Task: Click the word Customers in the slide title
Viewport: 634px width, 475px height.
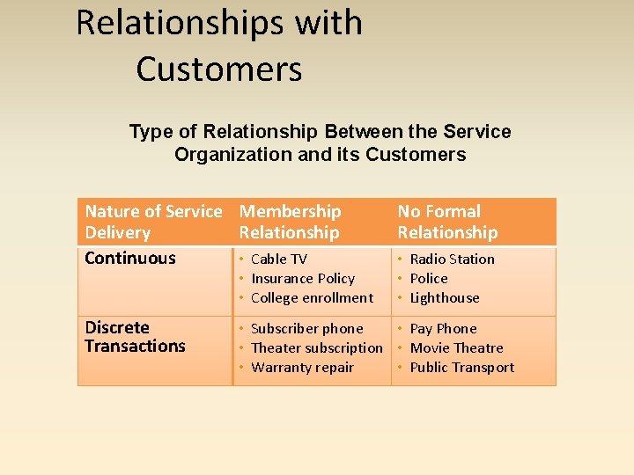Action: click(219, 69)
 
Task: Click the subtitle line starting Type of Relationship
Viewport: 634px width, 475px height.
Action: click(320, 132)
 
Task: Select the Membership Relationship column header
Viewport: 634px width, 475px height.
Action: click(290, 222)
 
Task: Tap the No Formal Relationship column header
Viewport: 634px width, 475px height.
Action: click(447, 222)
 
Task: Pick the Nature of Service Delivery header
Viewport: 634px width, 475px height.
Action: click(153, 222)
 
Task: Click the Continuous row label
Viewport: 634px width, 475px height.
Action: click(130, 258)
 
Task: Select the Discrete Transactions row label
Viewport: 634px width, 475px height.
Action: click(135, 337)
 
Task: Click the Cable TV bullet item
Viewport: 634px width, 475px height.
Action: click(278, 259)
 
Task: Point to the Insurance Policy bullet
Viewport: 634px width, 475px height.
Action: click(302, 278)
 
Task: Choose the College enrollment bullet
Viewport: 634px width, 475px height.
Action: click(312, 297)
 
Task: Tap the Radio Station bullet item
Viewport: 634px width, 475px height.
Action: click(452, 259)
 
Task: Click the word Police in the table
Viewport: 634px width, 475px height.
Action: click(429, 278)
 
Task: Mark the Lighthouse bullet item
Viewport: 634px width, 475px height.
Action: click(445, 297)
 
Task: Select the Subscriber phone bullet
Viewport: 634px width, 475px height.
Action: click(306, 328)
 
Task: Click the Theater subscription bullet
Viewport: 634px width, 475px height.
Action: click(316, 347)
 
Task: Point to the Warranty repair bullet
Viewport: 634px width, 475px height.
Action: click(302, 367)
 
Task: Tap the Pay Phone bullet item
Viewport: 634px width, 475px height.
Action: click(443, 328)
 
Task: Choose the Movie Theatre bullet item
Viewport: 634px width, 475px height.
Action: click(456, 347)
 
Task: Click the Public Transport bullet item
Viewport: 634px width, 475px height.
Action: click(461, 367)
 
